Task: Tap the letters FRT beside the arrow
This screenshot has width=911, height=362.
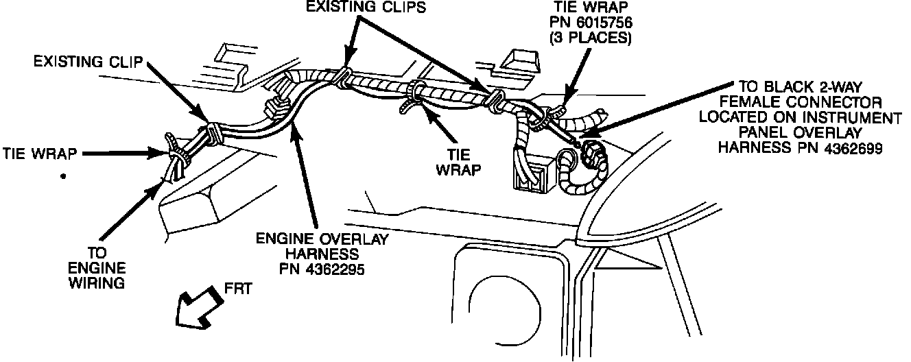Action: point(238,288)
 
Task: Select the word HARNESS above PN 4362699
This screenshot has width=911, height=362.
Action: point(748,147)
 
